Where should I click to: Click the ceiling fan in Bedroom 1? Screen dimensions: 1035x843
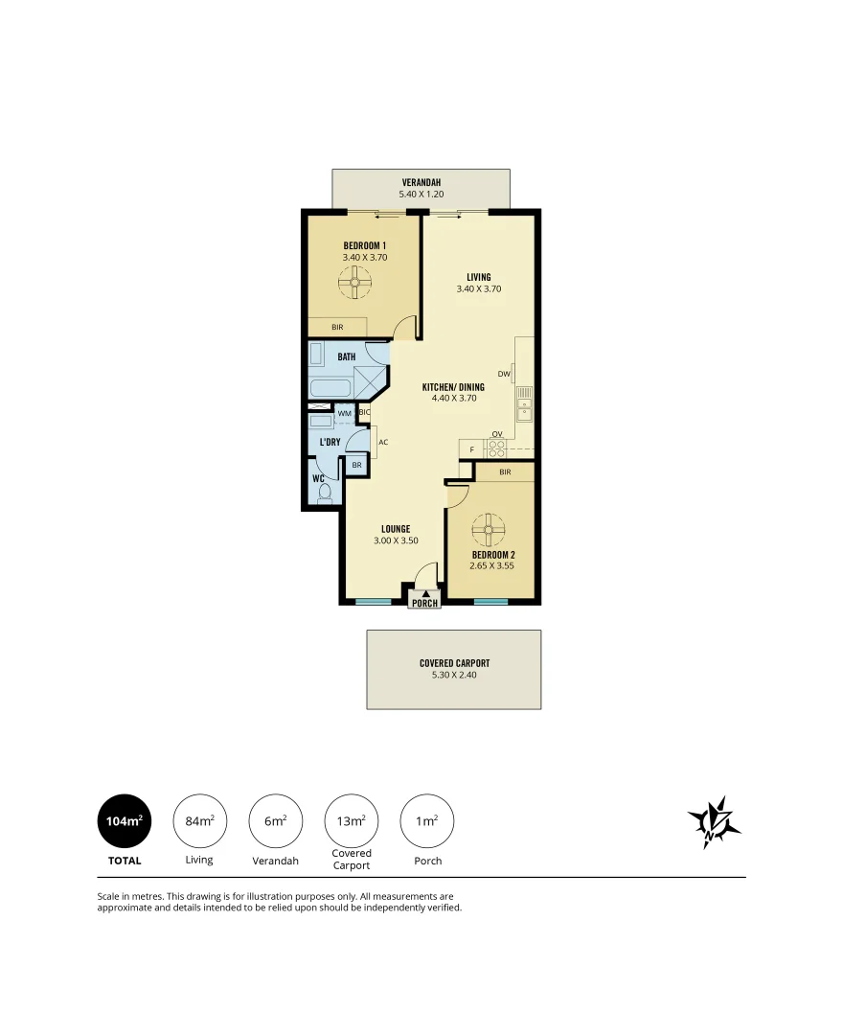[x=354, y=283]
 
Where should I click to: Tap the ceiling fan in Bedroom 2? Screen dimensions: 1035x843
[x=489, y=527]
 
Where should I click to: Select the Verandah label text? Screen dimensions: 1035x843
[x=421, y=182]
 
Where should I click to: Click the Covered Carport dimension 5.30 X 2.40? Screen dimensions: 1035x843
[x=454, y=675]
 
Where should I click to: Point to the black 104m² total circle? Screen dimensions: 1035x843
[x=125, y=821]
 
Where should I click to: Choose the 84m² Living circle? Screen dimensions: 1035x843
[x=199, y=821]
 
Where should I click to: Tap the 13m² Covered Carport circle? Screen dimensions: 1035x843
[x=352, y=821]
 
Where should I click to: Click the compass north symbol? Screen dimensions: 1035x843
[x=714, y=822]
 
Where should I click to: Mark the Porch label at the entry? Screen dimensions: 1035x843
[x=424, y=603]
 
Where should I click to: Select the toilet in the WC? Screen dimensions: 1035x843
[x=325, y=494]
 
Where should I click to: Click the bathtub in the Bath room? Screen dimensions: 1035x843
[x=330, y=389]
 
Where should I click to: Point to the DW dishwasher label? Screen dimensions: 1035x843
[x=504, y=374]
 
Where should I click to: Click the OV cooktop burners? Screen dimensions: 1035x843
[x=497, y=447]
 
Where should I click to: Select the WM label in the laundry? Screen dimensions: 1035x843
[x=343, y=413]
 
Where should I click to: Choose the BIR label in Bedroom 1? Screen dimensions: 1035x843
[x=337, y=327]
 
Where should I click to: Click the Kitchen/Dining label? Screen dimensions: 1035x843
[x=453, y=387]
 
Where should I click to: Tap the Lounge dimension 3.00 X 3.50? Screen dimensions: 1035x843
[x=396, y=540]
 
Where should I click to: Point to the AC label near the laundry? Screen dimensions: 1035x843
[x=383, y=443]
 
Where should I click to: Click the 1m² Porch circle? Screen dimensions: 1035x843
[x=427, y=821]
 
